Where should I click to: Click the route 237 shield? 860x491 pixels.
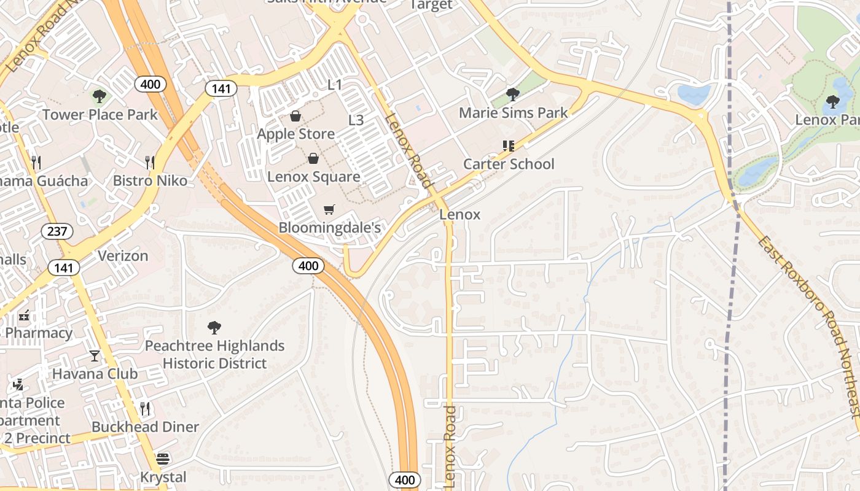click(58, 231)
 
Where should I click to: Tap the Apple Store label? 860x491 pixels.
click(296, 134)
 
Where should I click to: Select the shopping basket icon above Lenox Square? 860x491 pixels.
click(313, 159)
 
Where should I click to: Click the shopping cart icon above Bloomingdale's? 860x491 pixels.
click(329, 210)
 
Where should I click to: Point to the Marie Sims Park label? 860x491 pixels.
click(514, 113)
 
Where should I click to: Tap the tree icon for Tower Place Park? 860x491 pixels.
click(99, 96)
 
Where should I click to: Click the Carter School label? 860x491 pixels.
click(509, 164)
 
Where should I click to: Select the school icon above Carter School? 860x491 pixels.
click(508, 146)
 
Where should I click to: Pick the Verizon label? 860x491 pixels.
click(123, 255)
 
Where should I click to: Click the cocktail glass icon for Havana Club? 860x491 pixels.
click(95, 355)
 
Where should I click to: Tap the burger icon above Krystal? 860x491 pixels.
click(163, 459)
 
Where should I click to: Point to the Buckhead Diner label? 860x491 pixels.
click(145, 427)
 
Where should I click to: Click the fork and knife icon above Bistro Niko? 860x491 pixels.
click(149, 162)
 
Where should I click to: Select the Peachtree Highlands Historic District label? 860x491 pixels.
click(214, 355)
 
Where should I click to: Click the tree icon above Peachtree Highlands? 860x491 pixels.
click(214, 328)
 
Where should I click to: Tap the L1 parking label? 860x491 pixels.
click(335, 85)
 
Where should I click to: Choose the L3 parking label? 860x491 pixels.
click(356, 120)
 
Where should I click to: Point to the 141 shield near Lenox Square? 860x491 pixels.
click(221, 88)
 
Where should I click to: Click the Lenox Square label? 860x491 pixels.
click(314, 177)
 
